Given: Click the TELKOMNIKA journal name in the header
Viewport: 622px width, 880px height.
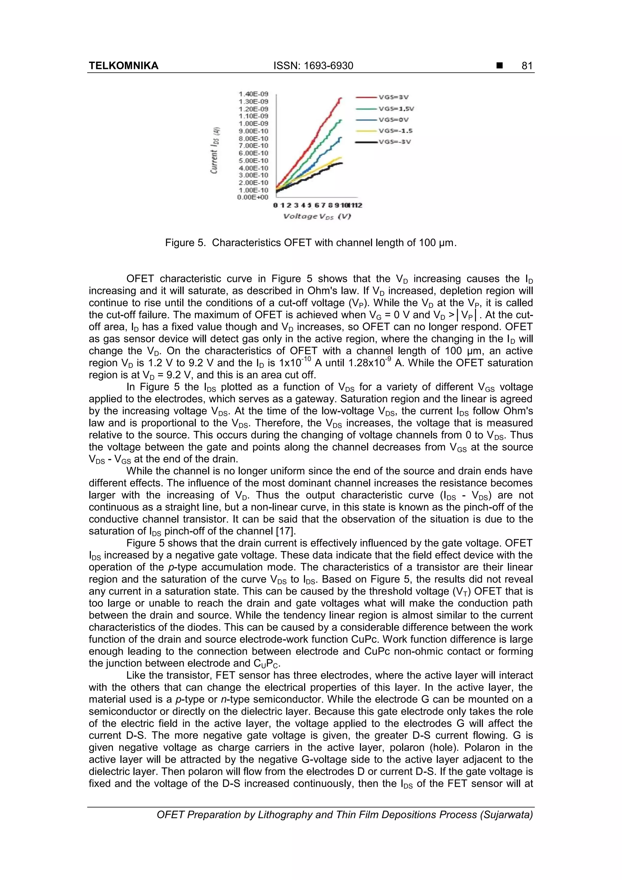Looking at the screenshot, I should pyautogui.click(x=123, y=66).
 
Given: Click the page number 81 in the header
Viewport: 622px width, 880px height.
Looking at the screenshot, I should pyautogui.click(x=527, y=66).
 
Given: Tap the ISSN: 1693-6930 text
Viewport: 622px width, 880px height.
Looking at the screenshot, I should pyautogui.click(x=313, y=66).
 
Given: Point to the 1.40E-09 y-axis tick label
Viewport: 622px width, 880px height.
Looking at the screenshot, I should pyautogui.click(x=253, y=94).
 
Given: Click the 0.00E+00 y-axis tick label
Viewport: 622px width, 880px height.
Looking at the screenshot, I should pyautogui.click(x=253, y=197).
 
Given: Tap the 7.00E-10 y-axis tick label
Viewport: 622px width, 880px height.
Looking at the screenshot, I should pyautogui.click(x=253, y=146).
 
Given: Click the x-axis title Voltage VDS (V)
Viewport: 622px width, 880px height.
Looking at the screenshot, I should pyautogui.click(x=317, y=217).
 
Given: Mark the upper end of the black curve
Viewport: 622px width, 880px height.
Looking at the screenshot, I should pyautogui.click(x=341, y=163).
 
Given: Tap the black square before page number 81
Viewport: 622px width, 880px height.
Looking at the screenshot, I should pyautogui.click(x=499, y=66).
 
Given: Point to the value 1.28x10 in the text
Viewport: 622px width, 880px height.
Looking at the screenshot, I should pyautogui.click(x=368, y=363).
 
